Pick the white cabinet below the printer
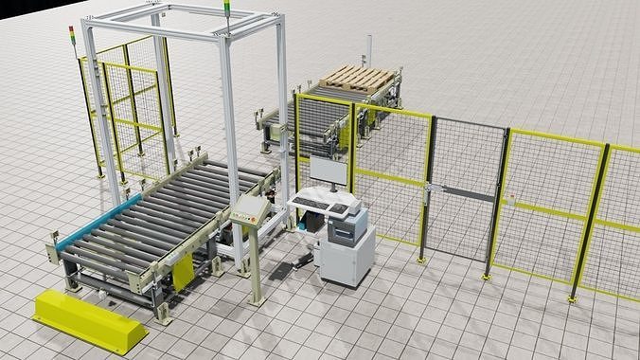pos(345,264)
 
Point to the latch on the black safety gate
pos(430,186)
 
